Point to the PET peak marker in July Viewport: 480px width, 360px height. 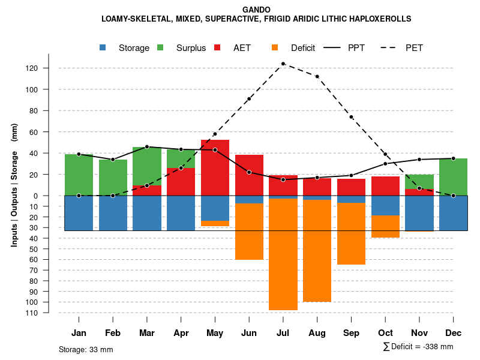pos(283,64)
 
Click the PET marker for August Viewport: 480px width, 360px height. pos(317,76)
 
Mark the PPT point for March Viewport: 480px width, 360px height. pos(147,146)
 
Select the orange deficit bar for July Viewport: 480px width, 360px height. pos(283,254)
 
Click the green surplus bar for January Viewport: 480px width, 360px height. pos(79,175)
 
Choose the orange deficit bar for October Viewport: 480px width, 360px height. pos(385,226)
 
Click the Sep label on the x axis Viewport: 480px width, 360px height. pos(351,333)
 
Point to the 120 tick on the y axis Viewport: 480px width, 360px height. pos(49,68)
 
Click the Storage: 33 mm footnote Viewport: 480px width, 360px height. pos(86,349)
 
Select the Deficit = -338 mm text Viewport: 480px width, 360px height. pos(418,347)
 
